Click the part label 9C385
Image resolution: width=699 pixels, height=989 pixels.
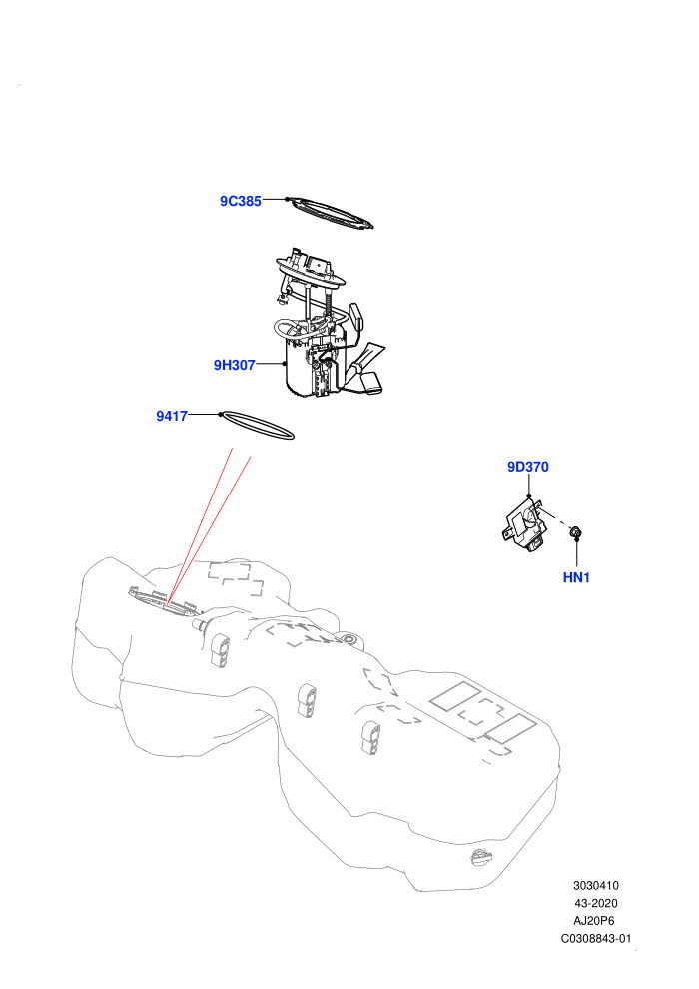(240, 201)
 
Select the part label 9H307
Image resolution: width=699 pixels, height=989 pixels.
(234, 365)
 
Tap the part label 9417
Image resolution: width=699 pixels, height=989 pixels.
(172, 416)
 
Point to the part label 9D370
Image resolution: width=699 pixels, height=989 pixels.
(528, 467)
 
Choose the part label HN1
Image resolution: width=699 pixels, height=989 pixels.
(576, 577)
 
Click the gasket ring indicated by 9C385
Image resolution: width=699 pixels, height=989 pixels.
(329, 212)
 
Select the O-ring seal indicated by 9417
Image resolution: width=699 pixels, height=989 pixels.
(258, 426)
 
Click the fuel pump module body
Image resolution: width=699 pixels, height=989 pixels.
(314, 370)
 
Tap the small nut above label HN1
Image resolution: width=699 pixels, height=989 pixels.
(575, 533)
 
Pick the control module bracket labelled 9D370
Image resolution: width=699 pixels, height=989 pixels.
(523, 524)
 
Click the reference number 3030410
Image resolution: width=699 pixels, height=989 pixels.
(595, 886)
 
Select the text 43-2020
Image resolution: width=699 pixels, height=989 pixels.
(595, 903)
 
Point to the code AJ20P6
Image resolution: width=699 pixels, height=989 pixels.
(594, 921)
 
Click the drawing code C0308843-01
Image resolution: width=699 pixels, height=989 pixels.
(595, 938)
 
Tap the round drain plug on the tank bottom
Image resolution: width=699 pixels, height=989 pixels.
(482, 858)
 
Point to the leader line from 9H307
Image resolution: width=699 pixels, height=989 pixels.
(271, 364)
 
